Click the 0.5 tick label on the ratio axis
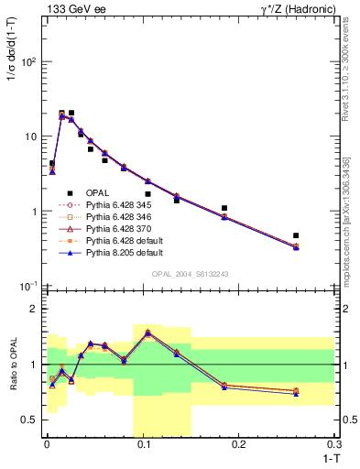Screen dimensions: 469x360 (30, 420)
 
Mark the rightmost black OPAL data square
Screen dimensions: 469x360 (296, 235)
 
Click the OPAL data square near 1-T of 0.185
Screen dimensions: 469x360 (224, 208)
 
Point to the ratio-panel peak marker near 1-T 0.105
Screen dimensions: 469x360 (147, 333)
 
